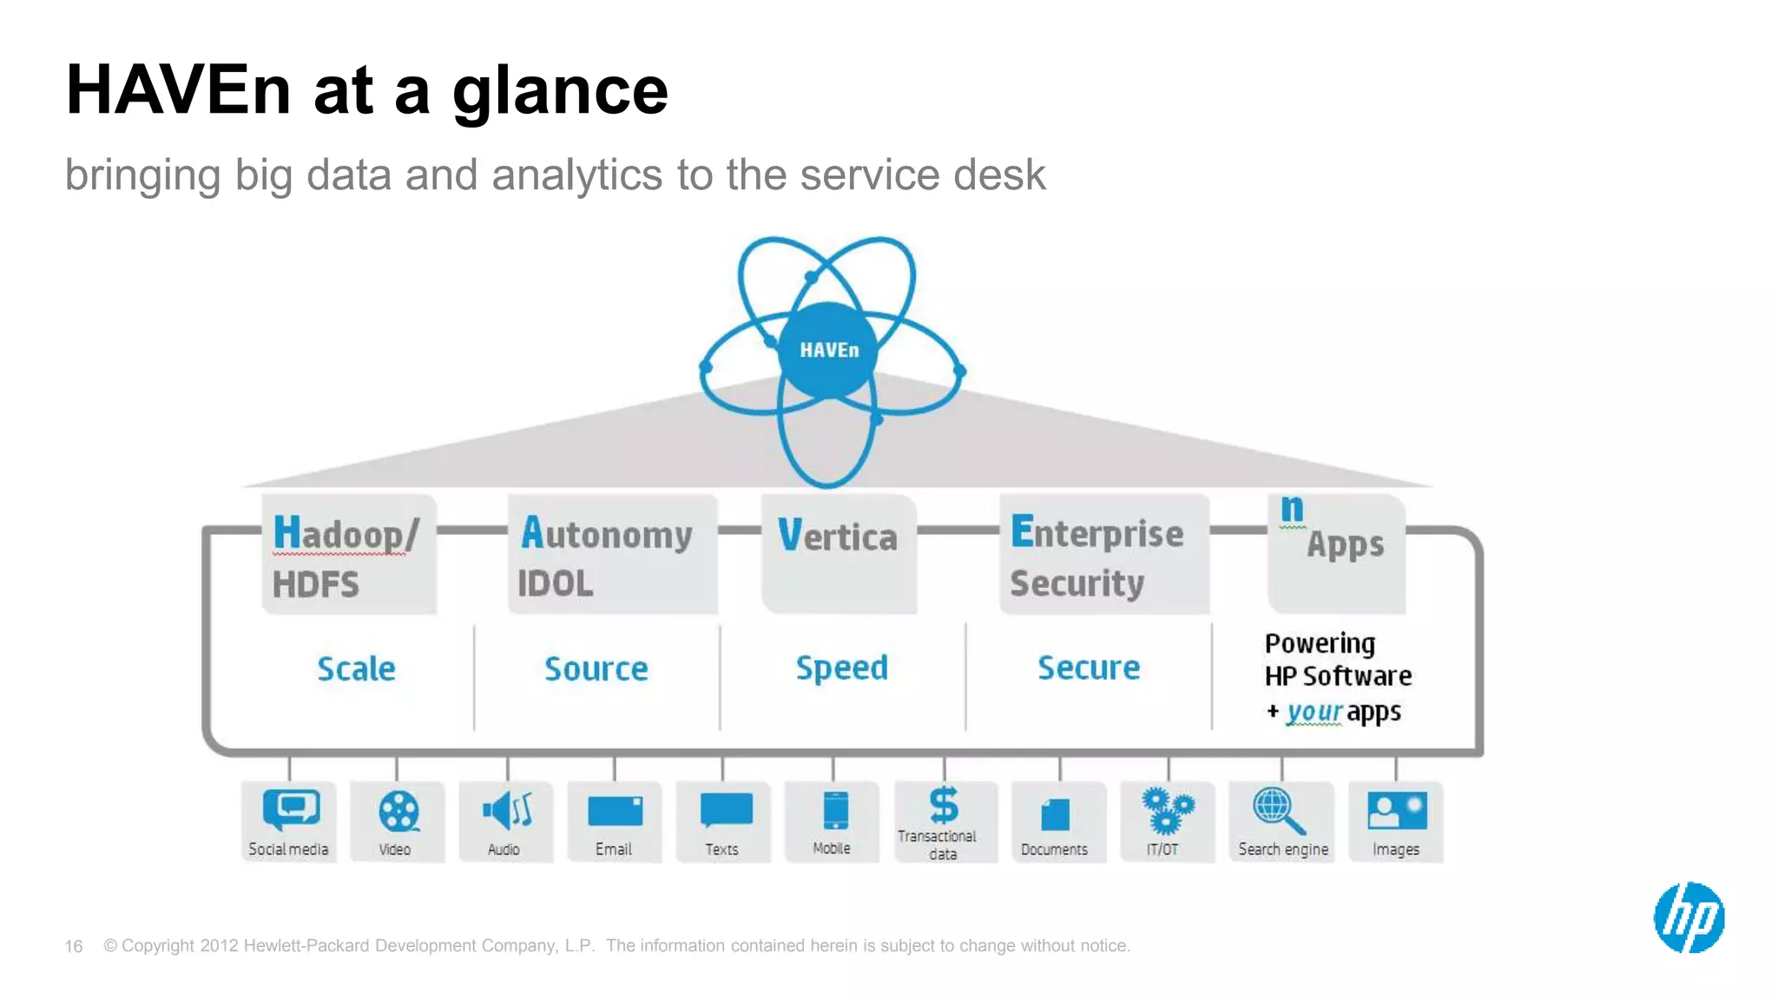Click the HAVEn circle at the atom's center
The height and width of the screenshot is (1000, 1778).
coord(828,350)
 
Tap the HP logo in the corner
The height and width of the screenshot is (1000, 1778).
coord(1689,918)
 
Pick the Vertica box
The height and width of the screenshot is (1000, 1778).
coord(839,554)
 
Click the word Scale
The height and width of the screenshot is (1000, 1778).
coord(356,669)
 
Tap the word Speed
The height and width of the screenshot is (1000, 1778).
coord(842,668)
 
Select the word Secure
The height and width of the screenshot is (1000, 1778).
coord(1089,668)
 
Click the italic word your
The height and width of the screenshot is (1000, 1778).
coord(1314,712)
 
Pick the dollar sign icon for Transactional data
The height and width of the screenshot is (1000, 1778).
coord(944,805)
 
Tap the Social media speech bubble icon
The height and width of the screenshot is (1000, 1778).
coord(291,809)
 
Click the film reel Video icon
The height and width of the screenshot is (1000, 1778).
coord(398,812)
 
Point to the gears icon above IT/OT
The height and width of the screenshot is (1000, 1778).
coord(1167,810)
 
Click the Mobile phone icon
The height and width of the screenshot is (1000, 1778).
coord(835,812)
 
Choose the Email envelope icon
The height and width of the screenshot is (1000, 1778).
coord(615,812)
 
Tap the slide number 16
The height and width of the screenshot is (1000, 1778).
coord(74,946)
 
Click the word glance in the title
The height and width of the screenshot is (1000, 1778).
coord(560,90)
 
